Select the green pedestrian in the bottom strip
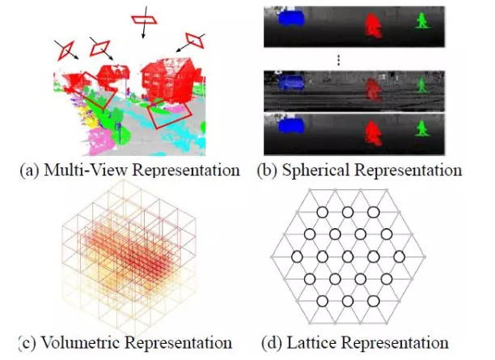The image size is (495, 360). coord(421,128)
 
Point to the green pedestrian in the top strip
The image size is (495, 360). coord(421,20)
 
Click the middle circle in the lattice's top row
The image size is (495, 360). coord(347,212)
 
